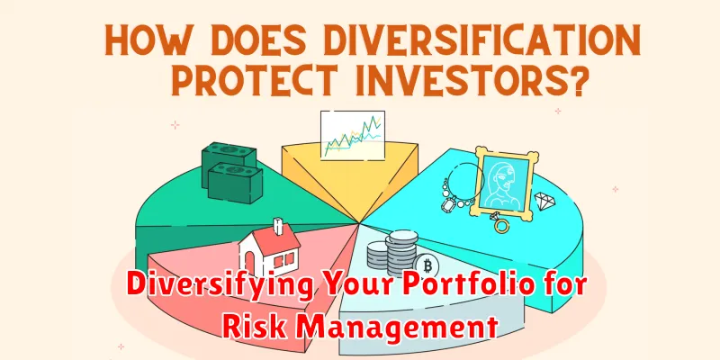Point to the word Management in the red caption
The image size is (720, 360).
tap(397, 328)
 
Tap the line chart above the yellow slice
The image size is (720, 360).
tap(353, 136)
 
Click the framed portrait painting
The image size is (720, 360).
tap(504, 184)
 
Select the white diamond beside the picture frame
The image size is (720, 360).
tap(545, 201)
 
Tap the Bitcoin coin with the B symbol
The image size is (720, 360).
tap(426, 266)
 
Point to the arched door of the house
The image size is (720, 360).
tap(250, 264)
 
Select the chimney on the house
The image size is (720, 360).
tap(278, 227)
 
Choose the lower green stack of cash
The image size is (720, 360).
tap(235, 184)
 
